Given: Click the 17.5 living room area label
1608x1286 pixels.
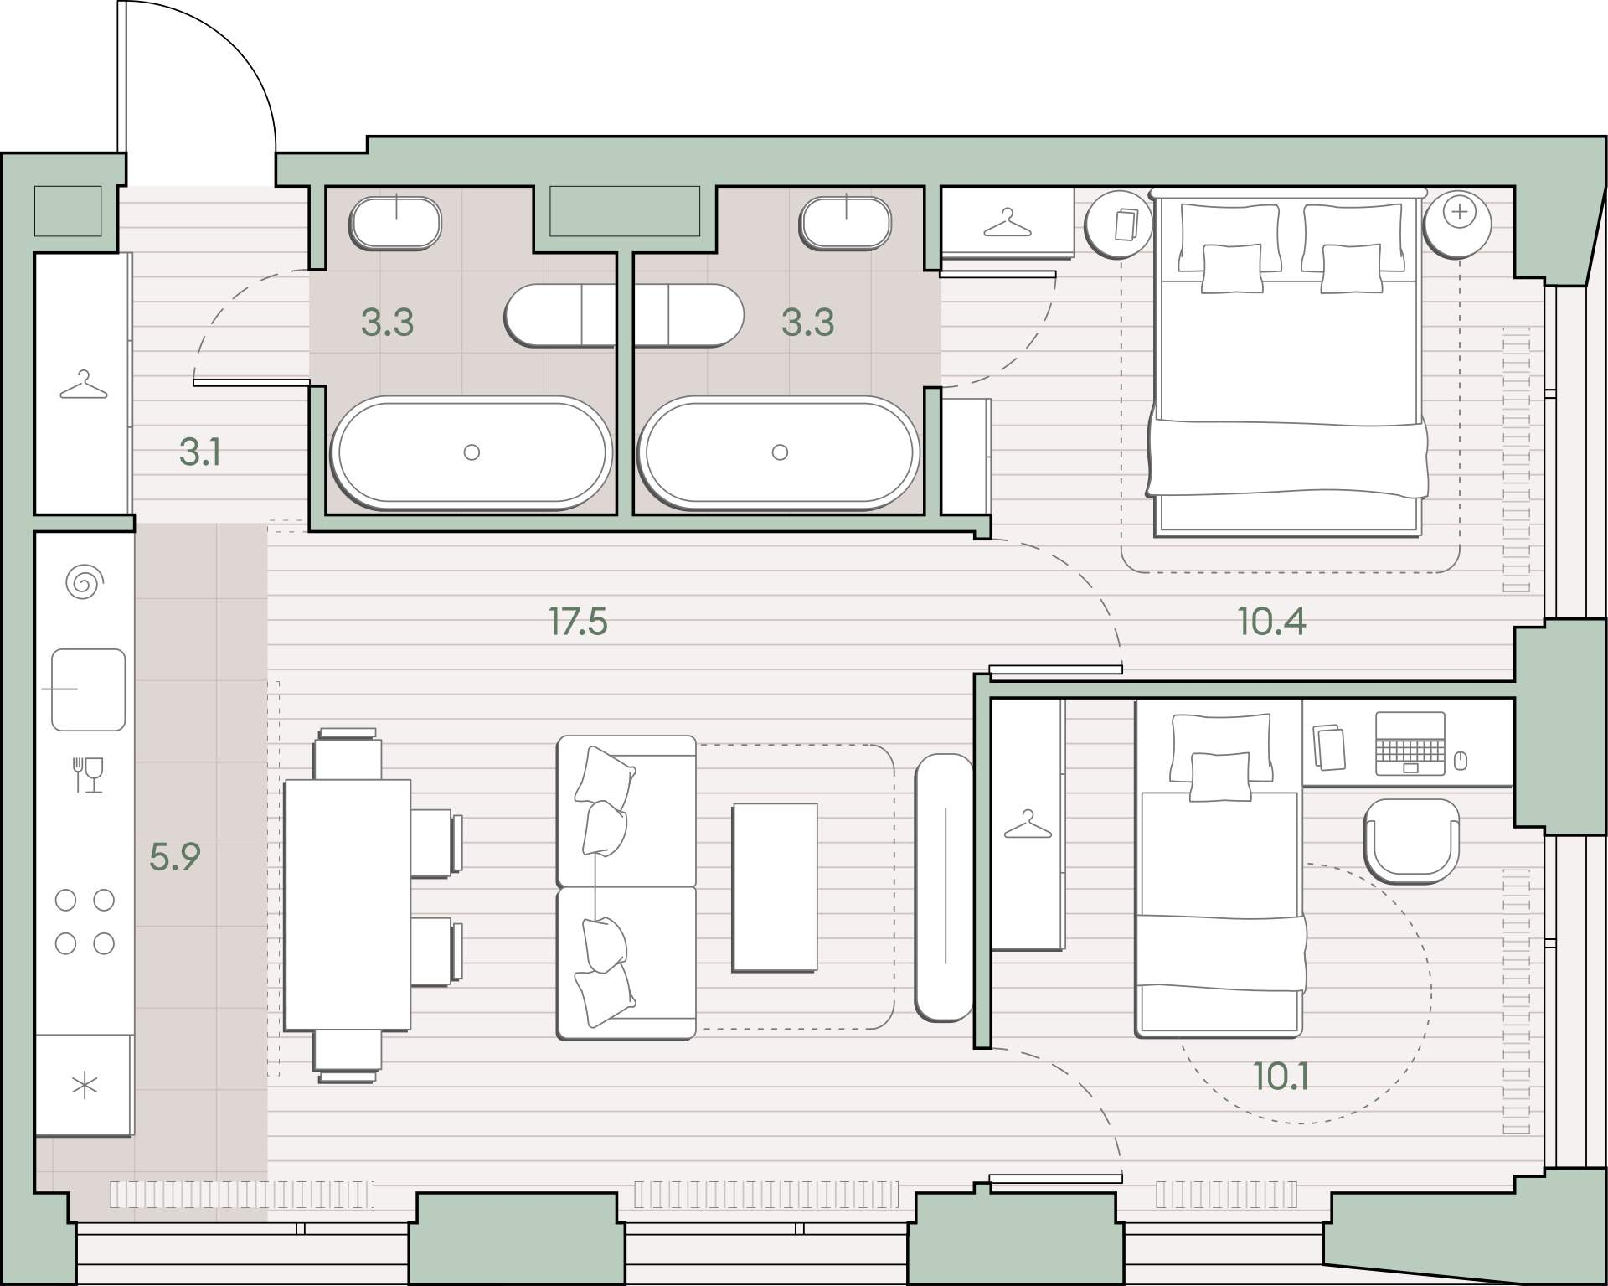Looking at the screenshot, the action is click(578, 622).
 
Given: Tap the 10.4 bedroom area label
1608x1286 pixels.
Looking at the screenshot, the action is click(1271, 622).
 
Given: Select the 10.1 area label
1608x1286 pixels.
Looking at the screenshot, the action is click(1281, 1077).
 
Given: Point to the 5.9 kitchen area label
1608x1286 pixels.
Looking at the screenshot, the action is click(175, 857).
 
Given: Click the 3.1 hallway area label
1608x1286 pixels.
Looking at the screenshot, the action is click(200, 452).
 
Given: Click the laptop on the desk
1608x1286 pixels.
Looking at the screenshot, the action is click(1410, 744).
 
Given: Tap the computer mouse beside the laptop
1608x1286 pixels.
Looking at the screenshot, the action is click(1461, 761).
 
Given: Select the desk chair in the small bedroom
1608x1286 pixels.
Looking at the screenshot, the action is click(1411, 840).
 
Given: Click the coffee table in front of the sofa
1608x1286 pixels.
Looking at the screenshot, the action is click(775, 888).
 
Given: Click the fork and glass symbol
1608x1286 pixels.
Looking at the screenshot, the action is click(89, 775).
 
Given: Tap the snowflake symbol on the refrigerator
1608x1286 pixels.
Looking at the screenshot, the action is click(85, 1087).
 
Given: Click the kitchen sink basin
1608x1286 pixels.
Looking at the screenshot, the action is click(88, 689).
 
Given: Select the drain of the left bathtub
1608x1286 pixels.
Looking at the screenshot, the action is click(472, 452).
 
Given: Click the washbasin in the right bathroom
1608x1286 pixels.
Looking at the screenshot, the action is click(845, 222).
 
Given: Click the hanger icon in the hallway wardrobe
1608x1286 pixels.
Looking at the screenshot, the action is click(84, 385).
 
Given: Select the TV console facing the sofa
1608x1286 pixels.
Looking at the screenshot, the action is click(944, 887).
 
